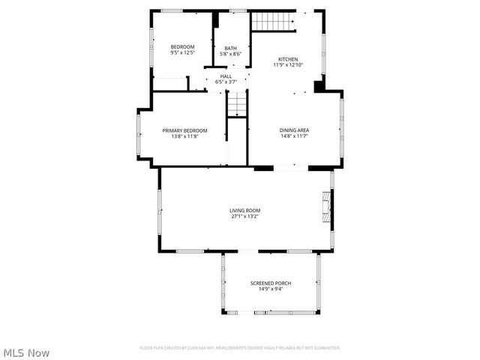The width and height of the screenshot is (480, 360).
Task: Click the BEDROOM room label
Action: click(x=182, y=47)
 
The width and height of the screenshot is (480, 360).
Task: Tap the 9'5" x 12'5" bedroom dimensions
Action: click(x=182, y=53)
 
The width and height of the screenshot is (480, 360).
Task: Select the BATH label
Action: click(x=231, y=48)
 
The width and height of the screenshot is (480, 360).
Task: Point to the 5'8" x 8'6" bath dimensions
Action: click(x=231, y=54)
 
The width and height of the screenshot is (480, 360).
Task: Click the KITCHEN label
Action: click(x=288, y=59)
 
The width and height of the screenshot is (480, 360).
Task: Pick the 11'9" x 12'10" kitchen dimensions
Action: click(x=288, y=65)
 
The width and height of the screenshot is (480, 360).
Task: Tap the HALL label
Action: click(x=226, y=76)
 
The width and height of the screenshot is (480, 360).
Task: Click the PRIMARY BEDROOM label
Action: click(x=184, y=130)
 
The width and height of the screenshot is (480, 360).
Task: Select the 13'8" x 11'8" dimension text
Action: click(x=184, y=136)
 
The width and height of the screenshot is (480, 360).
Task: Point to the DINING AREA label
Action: click(x=295, y=130)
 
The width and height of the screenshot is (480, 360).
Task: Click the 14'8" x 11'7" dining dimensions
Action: click(x=295, y=136)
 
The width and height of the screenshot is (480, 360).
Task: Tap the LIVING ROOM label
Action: click(x=244, y=210)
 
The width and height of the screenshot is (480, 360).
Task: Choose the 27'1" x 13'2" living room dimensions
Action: click(x=244, y=216)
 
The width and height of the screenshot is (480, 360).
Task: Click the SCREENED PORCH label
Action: click(x=271, y=283)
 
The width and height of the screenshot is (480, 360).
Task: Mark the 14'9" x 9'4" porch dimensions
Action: click(x=271, y=289)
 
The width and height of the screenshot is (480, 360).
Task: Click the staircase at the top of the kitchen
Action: click(x=271, y=22)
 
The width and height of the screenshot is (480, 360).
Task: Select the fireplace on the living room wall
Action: click(x=325, y=206)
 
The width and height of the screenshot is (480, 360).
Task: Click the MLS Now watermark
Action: click(x=26, y=352)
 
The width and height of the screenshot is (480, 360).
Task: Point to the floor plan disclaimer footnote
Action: click(x=240, y=348)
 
